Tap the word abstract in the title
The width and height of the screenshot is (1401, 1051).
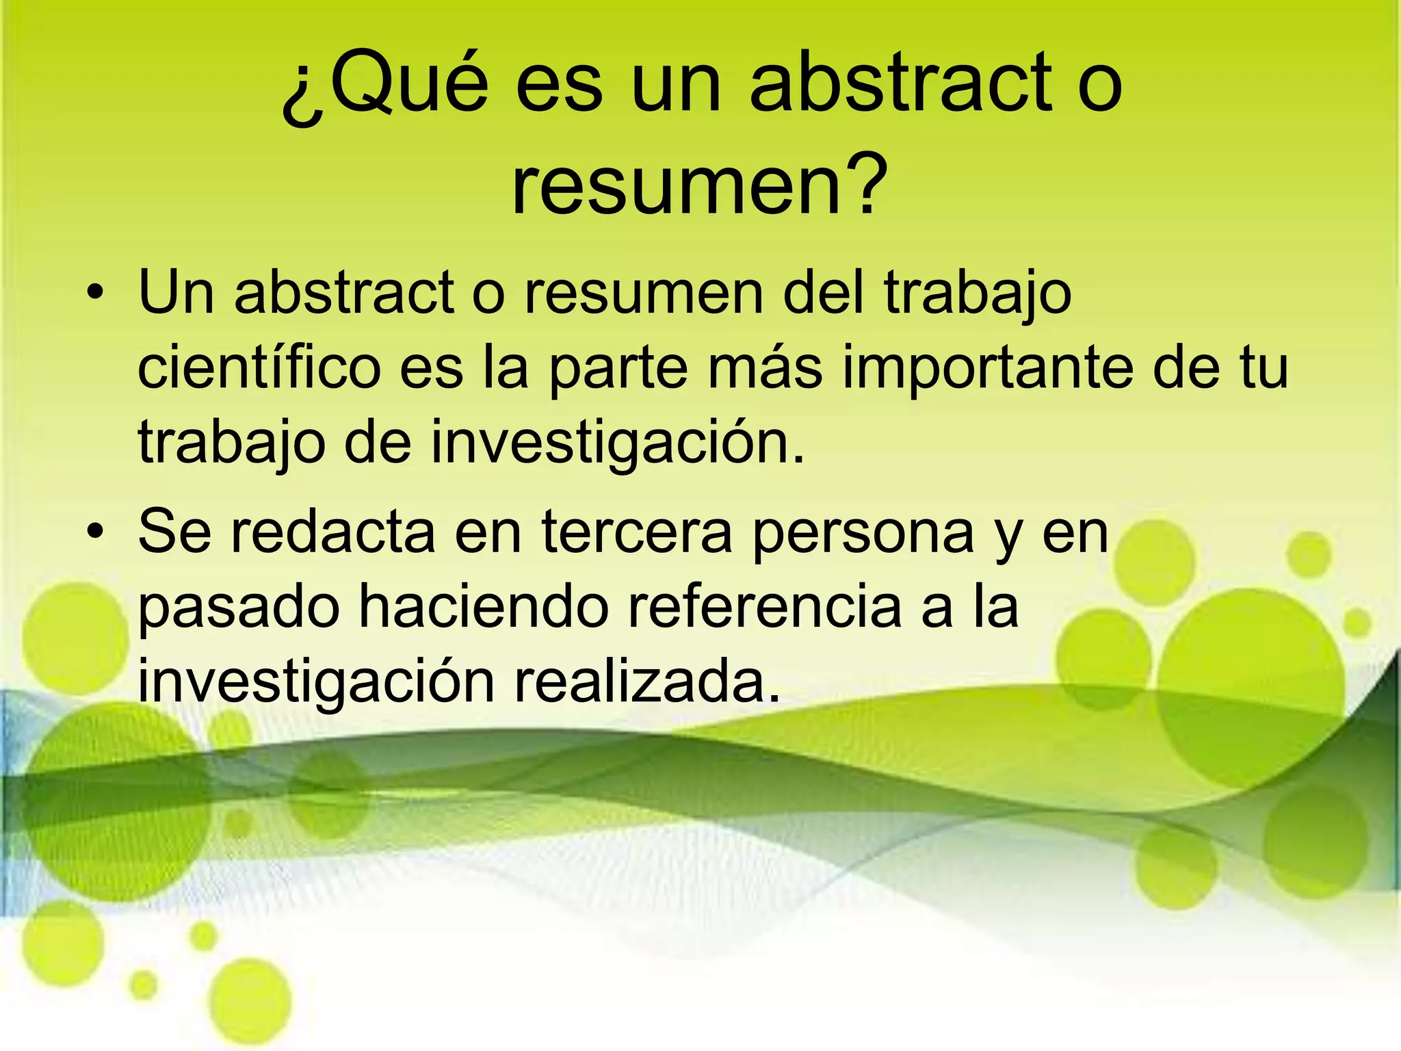click(902, 84)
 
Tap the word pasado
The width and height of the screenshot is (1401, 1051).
click(239, 608)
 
